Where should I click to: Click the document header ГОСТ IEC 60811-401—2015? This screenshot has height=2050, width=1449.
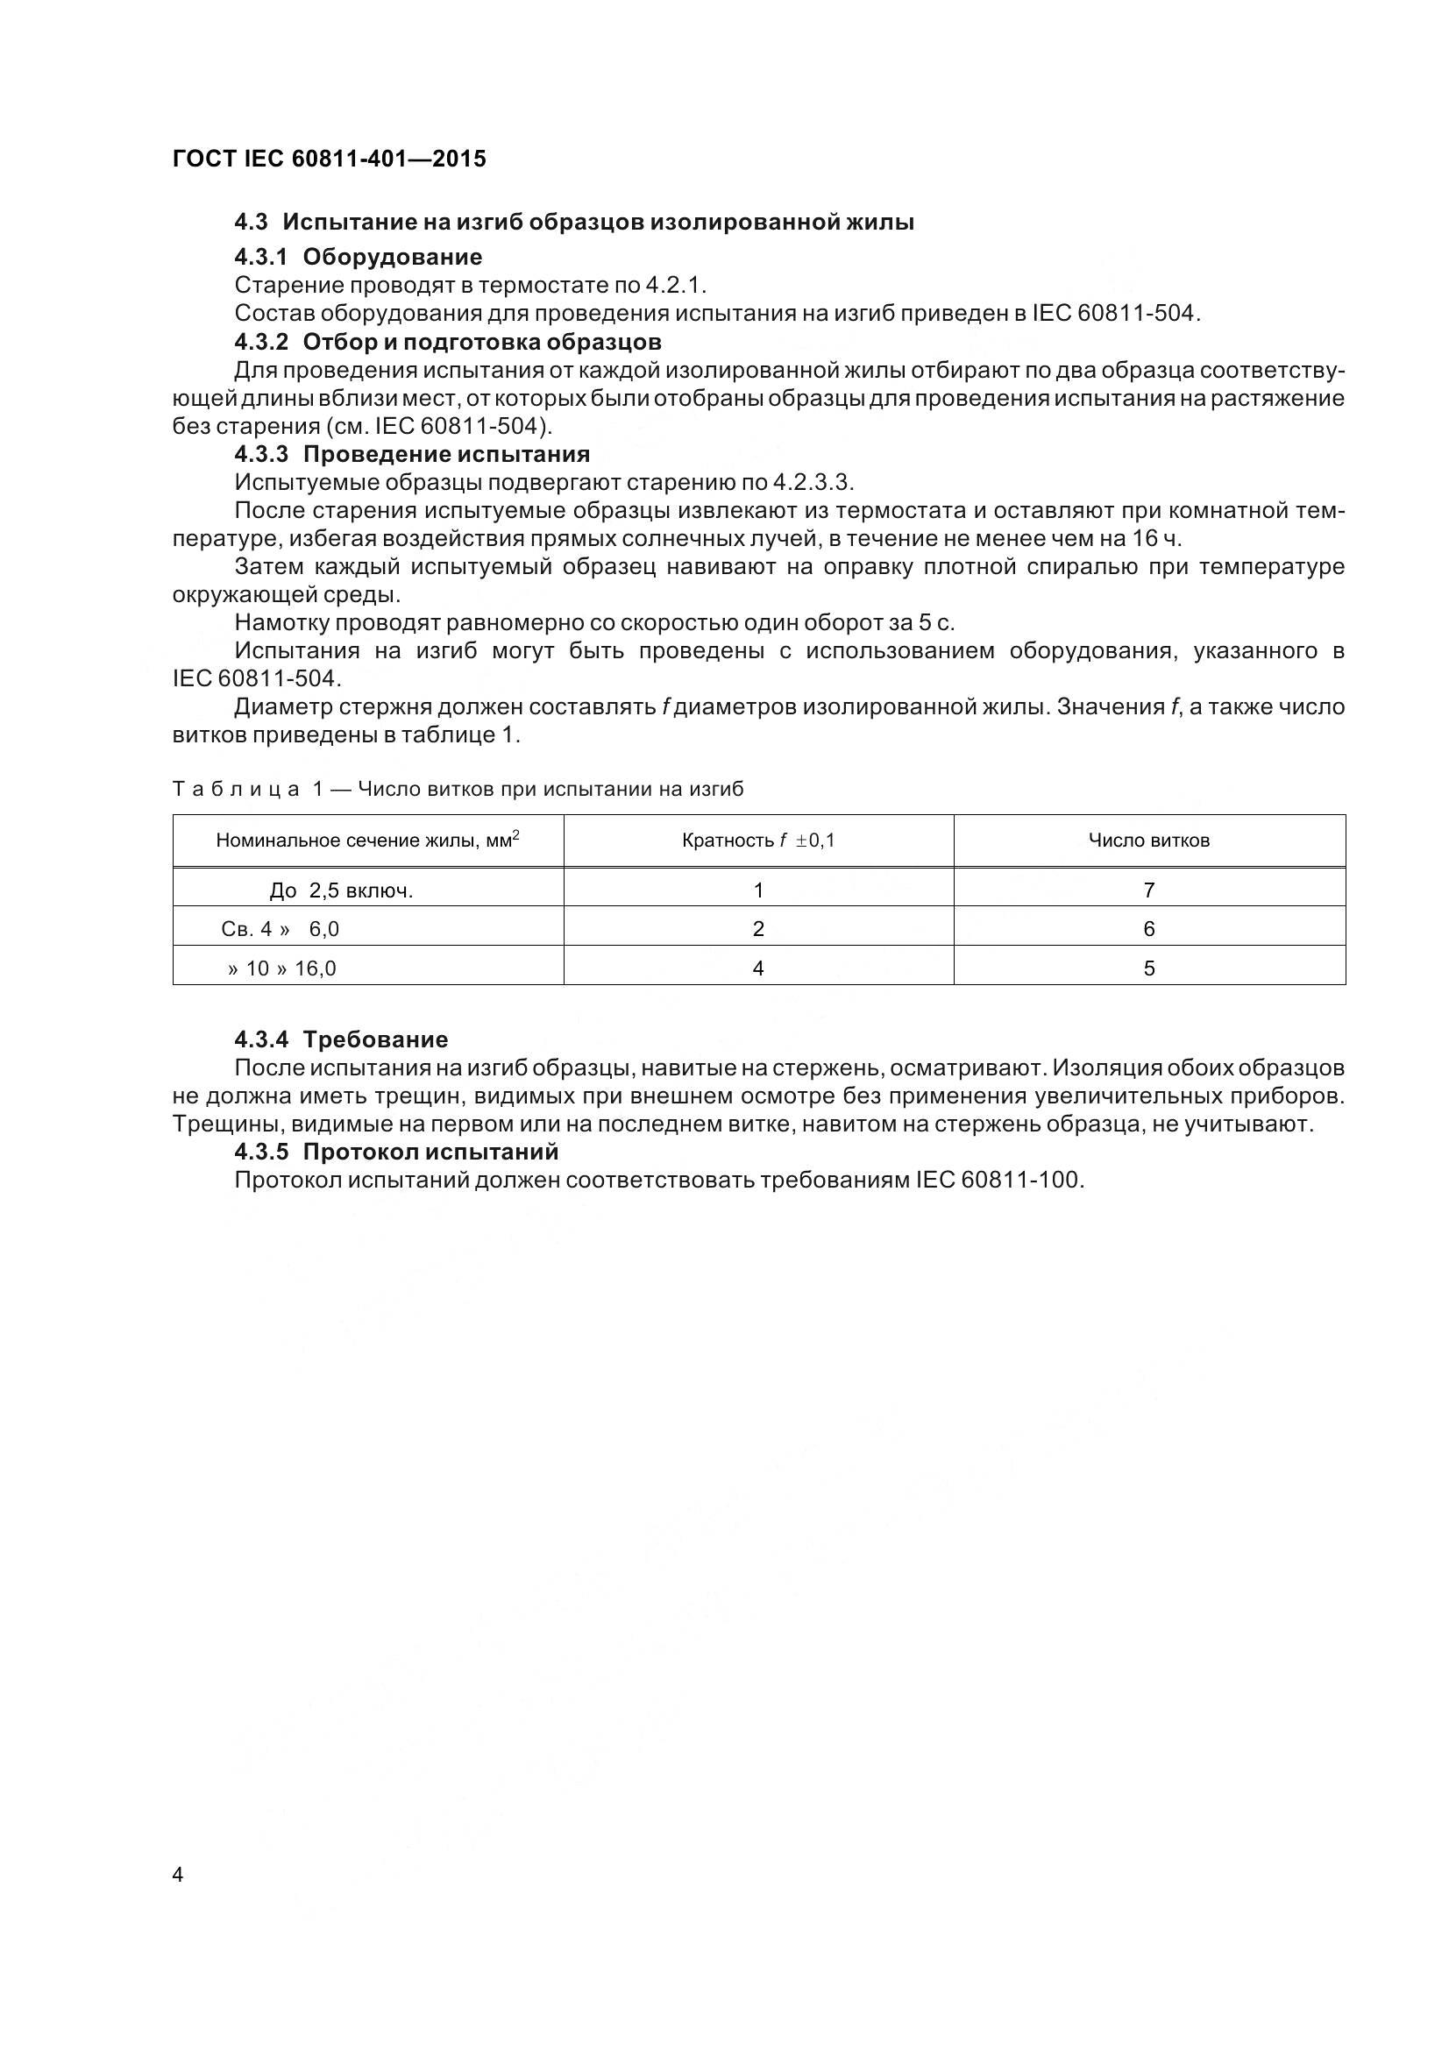click(x=330, y=159)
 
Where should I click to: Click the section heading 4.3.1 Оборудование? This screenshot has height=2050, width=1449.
click(x=358, y=257)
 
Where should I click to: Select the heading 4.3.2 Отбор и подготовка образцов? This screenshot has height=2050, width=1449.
click(x=447, y=342)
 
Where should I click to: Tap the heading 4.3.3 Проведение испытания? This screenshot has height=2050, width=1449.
click(x=412, y=455)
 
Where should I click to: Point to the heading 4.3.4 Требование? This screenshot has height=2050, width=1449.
click(x=341, y=1039)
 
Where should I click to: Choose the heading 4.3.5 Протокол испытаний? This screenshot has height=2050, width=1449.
click(x=396, y=1152)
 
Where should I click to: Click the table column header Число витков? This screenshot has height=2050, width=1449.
click(x=1148, y=841)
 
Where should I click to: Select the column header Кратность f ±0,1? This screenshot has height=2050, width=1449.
click(x=758, y=841)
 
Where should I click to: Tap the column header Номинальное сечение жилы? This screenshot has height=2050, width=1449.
click(x=367, y=841)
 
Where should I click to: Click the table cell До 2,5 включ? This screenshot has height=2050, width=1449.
click(x=341, y=890)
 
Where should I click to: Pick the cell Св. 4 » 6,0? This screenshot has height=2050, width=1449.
click(x=281, y=929)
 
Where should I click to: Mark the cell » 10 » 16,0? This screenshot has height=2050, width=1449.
click(x=282, y=968)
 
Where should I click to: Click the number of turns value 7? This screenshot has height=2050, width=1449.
click(x=1148, y=890)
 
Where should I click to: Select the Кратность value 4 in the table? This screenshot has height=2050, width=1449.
click(x=758, y=968)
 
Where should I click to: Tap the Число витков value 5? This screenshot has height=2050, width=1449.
click(x=1148, y=968)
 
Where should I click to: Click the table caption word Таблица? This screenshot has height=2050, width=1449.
click(x=237, y=790)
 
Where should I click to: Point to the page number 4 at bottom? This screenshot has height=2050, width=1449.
click(x=178, y=1875)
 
